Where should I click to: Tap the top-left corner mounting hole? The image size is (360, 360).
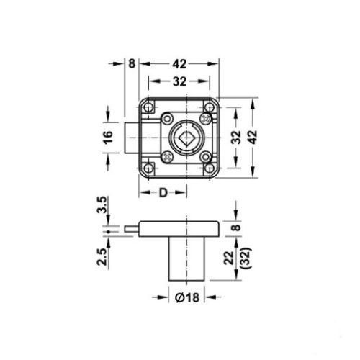click(x=149, y=107)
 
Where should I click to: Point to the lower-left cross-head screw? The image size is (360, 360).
click(x=167, y=153)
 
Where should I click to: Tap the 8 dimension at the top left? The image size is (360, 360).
click(x=132, y=63)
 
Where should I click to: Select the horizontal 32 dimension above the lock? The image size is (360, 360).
click(x=177, y=81)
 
